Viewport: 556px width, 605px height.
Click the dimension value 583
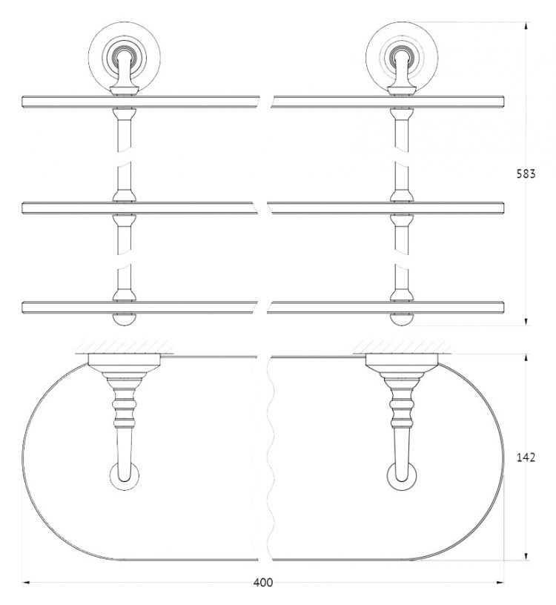click(526, 174)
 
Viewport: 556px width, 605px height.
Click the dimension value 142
click(526, 457)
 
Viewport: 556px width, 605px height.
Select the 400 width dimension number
click(262, 583)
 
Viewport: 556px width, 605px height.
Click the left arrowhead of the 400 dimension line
click(26, 582)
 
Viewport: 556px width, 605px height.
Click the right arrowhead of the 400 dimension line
click(500, 582)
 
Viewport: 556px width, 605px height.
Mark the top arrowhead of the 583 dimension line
click(526, 26)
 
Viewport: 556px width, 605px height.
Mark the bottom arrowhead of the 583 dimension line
click(526, 322)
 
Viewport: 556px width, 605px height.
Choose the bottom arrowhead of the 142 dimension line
click(526, 555)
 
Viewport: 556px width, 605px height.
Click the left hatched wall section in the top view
click(125, 347)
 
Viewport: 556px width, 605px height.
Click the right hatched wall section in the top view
click(401, 347)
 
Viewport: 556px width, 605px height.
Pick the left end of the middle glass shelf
click(23, 208)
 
